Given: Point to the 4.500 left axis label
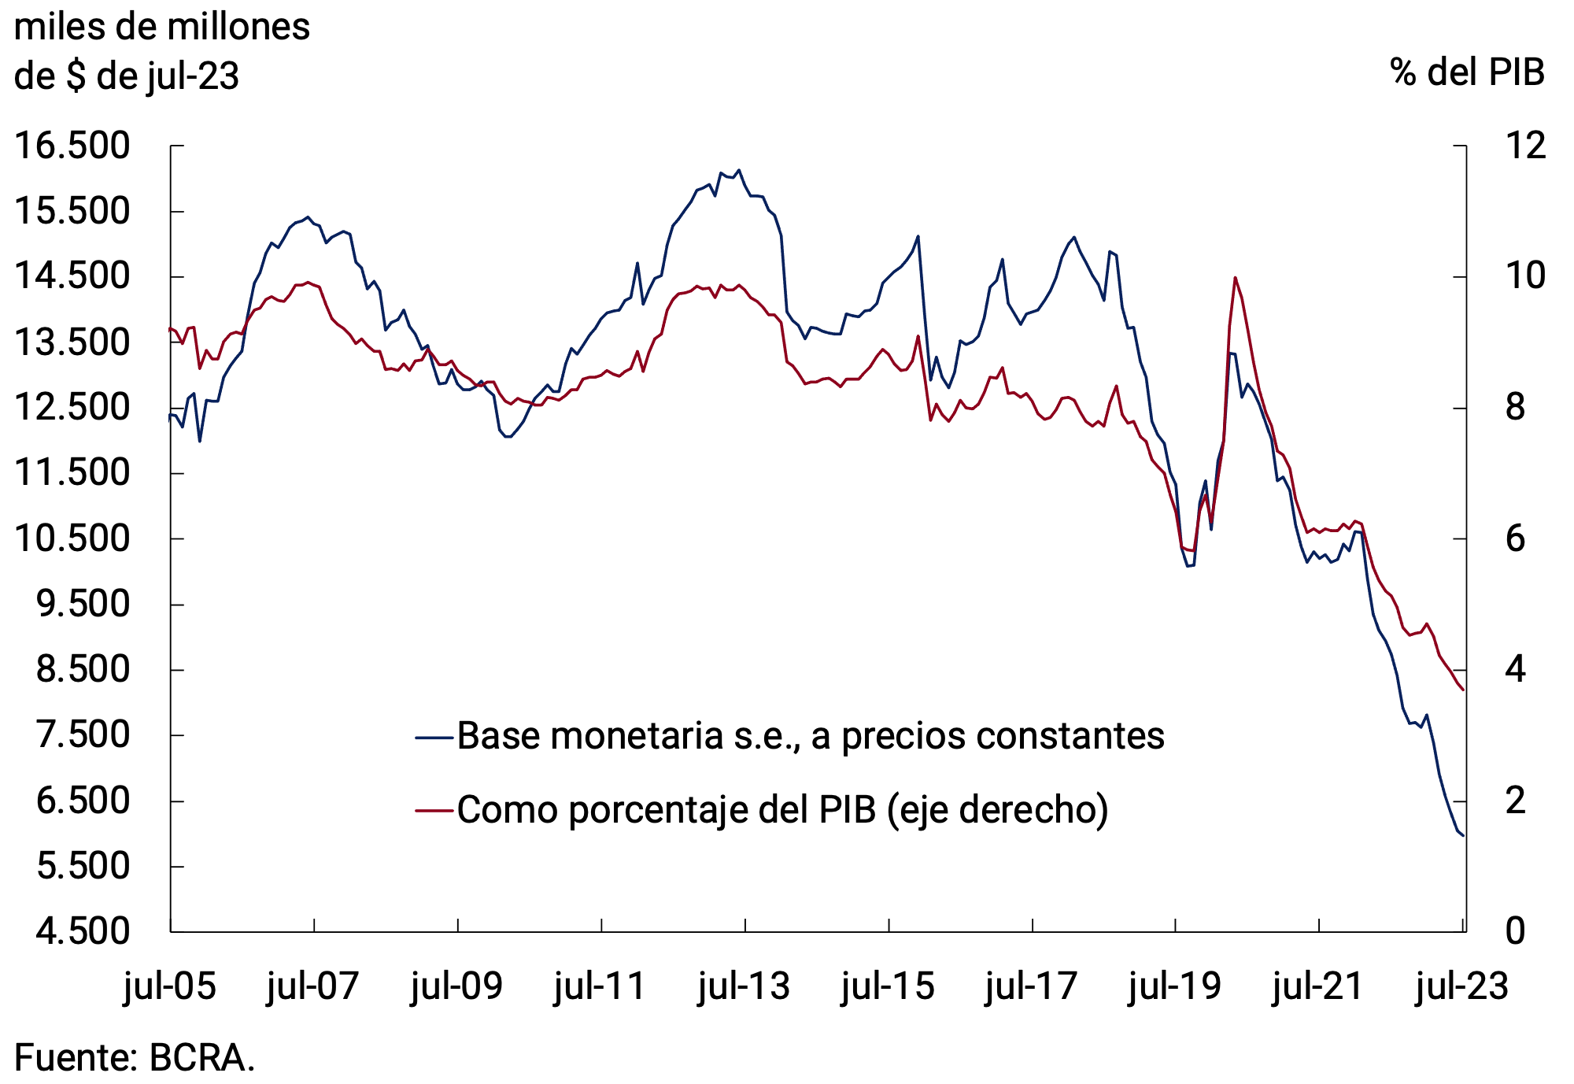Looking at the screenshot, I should pos(83,931).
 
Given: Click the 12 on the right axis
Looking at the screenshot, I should pos(1525,146).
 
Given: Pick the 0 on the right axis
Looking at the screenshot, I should pos(1515,931).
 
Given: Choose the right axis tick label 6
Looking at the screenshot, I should pos(1515,539).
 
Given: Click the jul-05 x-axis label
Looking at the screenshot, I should pos(170,986).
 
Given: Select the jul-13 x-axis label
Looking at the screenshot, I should pos(745,986).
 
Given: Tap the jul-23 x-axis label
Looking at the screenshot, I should pos(1462,986).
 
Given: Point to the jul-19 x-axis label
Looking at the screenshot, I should pos(1175,986).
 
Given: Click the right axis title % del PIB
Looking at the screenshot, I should pos(1467,72).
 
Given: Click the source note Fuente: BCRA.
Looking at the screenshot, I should pos(135,1057).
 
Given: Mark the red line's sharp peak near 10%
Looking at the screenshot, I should pos(1235,277).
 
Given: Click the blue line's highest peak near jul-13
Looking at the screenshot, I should pos(738,170).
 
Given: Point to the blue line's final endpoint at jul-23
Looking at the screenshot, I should pos(1463,835).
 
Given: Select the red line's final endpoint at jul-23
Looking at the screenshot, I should pos(1463,690).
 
